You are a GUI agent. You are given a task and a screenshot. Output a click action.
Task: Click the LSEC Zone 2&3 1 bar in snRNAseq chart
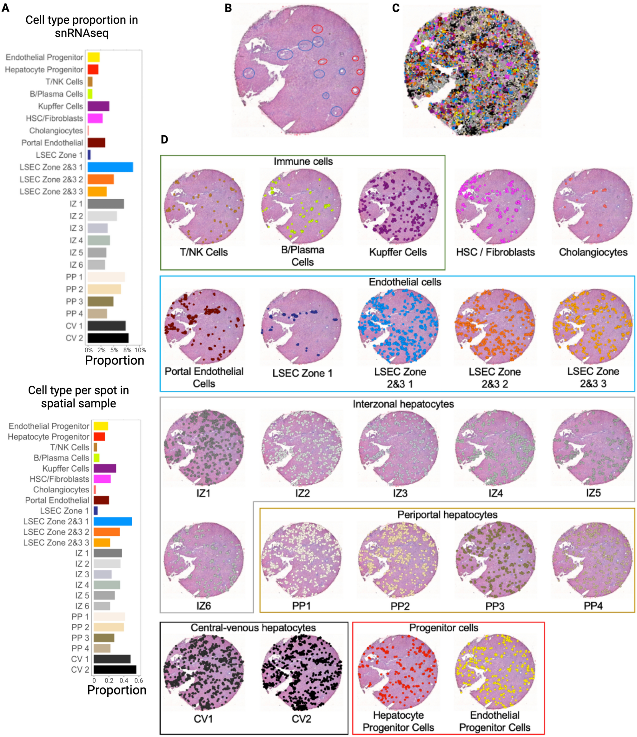coord(110,167)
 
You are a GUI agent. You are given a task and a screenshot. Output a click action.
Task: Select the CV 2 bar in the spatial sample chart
coord(115,669)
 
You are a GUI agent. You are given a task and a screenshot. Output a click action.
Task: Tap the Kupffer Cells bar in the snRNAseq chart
coord(98,106)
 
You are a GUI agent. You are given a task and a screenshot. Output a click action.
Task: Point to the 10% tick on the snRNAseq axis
coord(140,350)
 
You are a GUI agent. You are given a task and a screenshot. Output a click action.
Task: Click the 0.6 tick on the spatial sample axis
coord(139,681)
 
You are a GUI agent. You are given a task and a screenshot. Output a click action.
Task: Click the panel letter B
coord(228,8)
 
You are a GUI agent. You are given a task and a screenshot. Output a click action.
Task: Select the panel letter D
coord(164,139)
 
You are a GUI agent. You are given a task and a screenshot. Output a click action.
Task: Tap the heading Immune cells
coord(303,162)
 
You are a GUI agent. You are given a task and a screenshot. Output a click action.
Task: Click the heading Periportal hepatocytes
coord(447,515)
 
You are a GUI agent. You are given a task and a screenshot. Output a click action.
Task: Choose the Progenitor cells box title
coord(443,628)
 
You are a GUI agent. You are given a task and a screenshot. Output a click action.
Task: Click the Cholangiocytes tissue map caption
coord(593,252)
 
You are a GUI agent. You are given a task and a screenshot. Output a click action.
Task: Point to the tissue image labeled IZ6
coord(204,560)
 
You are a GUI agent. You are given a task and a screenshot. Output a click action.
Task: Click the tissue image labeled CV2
coord(302,672)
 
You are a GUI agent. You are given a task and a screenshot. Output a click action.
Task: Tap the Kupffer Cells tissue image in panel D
coord(398,206)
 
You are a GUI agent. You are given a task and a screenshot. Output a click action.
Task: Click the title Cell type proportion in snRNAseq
coord(82,26)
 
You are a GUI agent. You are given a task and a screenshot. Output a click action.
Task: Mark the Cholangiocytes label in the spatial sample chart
coord(61,489)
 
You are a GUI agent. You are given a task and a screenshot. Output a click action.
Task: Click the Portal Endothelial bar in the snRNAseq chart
coord(96,143)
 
